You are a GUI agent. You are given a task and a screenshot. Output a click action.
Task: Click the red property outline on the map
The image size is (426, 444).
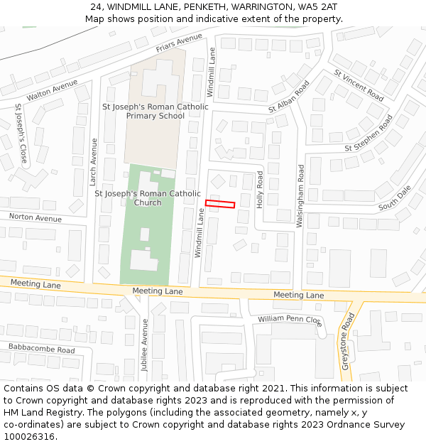pyautogui.click(x=220, y=205)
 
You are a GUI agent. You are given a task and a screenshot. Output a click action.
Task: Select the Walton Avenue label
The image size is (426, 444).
pyautogui.click(x=52, y=89)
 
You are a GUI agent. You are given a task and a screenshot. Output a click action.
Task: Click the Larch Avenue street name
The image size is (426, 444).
pyautogui.click(x=94, y=161)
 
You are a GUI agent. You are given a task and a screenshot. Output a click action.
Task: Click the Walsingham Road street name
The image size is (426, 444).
pyautogui.click(x=301, y=196)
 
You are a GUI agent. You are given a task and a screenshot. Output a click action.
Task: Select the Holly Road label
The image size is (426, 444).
pyautogui.click(x=260, y=189)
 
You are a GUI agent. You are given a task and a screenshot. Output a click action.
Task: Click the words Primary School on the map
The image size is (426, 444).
pyautogui.click(x=155, y=116)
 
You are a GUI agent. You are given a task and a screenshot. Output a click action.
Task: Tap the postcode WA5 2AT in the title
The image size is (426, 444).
pyautogui.click(x=317, y=7)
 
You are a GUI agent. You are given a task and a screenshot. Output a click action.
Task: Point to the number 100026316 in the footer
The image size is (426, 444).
pyautogui.click(x=29, y=436)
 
